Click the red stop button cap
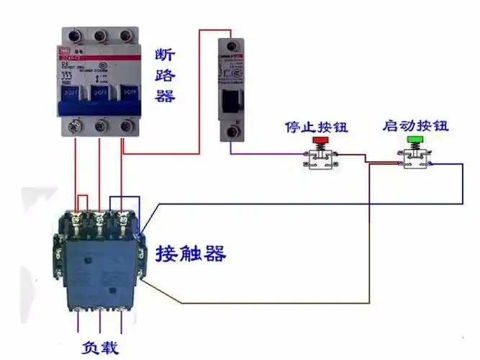pos(317,139)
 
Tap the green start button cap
pos(415,139)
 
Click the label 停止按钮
pos(316,127)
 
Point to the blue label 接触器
pos(191,253)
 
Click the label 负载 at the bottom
pos(99,348)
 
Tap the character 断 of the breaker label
pos(165,55)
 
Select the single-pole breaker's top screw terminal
pos(232,44)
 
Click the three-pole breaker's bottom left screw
pos(73,127)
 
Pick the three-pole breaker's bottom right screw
pos(126,127)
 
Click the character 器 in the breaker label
pos(165,95)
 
